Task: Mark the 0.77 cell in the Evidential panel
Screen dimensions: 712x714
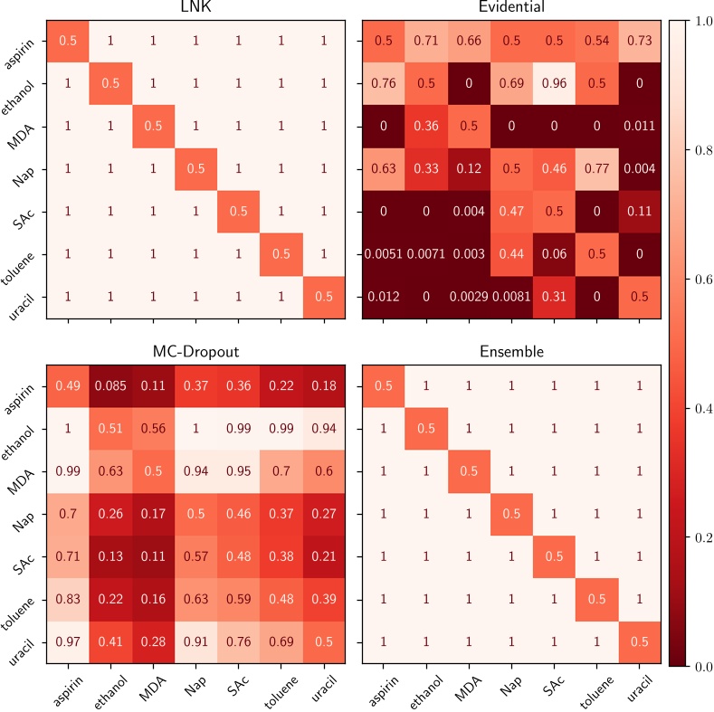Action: [x=597, y=169]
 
